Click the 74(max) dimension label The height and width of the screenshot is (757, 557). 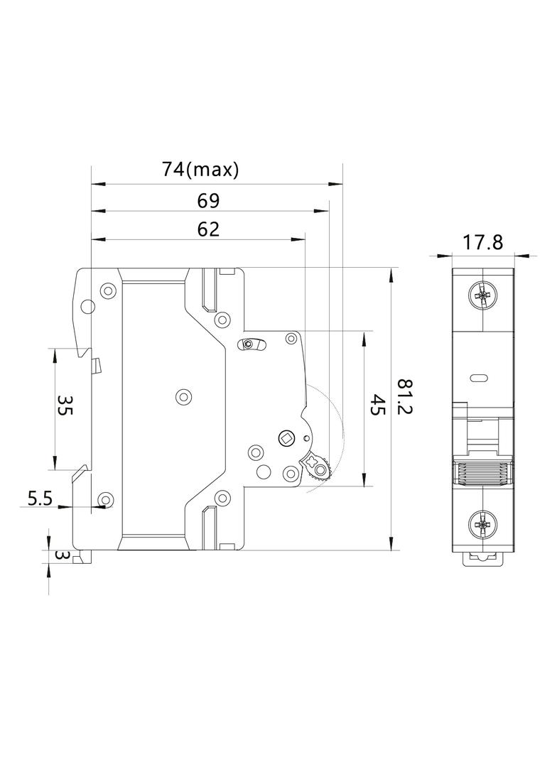point(200,170)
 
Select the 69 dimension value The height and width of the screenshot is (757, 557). point(208,201)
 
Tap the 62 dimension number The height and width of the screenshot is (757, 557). point(208,229)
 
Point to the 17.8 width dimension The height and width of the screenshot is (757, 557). point(483,243)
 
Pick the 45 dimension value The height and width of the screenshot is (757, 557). point(377,408)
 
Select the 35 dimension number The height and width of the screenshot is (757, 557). point(65,406)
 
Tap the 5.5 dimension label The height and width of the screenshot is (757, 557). point(40,499)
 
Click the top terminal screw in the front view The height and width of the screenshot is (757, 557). point(483,296)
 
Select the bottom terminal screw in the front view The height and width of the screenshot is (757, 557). point(483,527)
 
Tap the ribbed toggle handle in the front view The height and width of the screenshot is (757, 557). point(483,472)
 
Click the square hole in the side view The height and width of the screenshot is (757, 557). point(286,439)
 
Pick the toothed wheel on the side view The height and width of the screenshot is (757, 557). point(321,470)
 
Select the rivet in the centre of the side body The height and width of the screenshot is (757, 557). point(183,396)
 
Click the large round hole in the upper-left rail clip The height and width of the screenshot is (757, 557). point(87,307)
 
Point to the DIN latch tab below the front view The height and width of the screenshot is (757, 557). point(483,560)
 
